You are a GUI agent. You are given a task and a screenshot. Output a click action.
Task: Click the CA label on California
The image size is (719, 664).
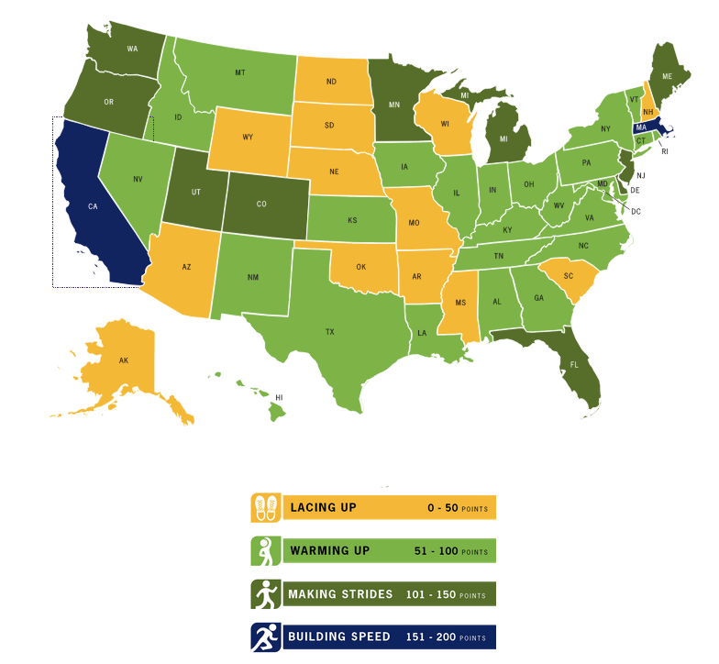[93, 206]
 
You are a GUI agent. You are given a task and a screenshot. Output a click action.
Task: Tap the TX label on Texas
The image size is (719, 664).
[329, 332]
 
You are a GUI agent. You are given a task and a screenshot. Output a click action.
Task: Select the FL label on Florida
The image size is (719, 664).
[575, 364]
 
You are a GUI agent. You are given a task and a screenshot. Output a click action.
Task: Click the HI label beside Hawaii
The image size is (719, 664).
[279, 397]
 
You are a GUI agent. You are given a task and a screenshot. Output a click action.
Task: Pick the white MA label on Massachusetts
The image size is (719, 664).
[643, 127]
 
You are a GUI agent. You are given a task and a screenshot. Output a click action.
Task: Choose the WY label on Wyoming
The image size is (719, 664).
[248, 138]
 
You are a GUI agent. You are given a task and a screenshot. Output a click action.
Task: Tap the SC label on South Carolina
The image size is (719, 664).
[568, 276]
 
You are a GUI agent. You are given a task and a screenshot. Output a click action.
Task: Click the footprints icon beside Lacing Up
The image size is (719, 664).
[265, 507]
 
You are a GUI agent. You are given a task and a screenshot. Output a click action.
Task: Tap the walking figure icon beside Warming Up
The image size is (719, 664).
[265, 551]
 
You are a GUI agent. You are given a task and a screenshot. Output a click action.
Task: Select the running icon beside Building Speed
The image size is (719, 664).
[265, 637]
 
